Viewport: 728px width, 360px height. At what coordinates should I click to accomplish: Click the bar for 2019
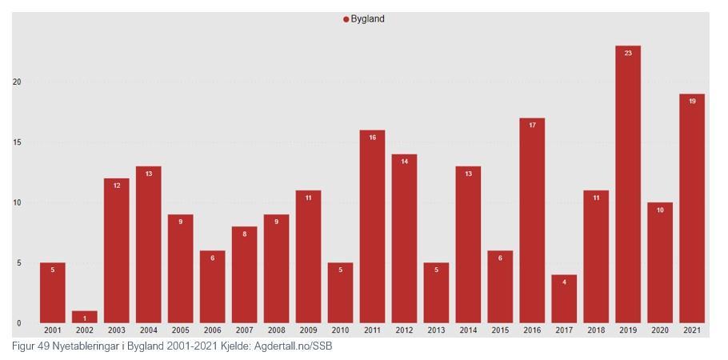coord(628,184)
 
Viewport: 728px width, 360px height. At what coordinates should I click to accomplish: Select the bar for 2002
coord(84,318)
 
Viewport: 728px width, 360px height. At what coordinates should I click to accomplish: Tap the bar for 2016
coord(532,220)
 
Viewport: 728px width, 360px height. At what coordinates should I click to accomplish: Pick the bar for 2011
coord(372,226)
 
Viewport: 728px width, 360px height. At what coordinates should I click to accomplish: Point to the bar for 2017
coord(564,298)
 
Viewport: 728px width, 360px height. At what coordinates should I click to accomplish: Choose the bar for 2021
coord(692,208)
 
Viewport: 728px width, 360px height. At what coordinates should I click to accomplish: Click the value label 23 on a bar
coord(628,53)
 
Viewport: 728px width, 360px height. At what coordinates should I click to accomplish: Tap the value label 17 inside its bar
coord(532,125)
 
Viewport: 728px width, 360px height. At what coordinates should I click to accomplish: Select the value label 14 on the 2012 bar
coord(404,162)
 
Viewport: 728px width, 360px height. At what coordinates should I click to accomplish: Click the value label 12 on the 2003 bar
coord(116,186)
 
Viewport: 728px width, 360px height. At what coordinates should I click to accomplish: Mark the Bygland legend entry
coord(367,19)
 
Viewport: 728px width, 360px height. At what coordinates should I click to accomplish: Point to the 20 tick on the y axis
coord(17,82)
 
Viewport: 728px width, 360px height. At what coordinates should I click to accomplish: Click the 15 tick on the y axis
coord(17,142)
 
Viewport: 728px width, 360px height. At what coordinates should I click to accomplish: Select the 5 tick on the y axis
coord(18,263)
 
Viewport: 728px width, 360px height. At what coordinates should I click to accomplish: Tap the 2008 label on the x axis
coord(276,330)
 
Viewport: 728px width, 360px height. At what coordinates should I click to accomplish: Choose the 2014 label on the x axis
coord(468,330)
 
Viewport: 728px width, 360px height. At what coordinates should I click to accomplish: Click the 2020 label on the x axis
coord(660,330)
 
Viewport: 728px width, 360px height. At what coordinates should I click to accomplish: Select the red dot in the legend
coord(346,19)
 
